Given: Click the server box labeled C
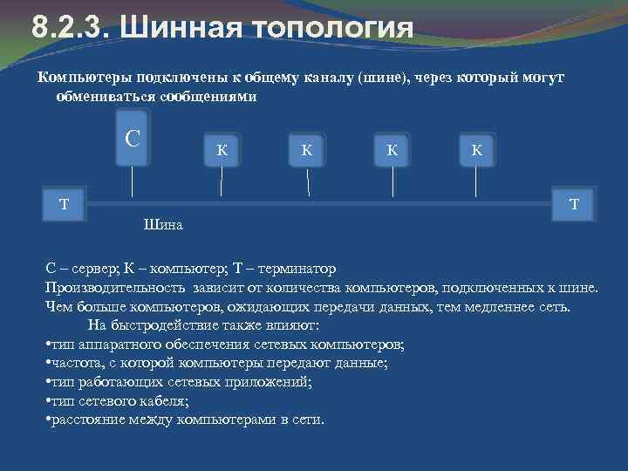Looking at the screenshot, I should pos(132,139).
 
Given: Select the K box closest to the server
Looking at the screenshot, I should pos(222,149).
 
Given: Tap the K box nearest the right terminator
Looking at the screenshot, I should pos(476,149).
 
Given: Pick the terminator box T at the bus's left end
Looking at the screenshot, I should pos(64,204).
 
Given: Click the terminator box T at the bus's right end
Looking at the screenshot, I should pos(573,204).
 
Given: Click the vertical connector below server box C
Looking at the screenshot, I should pos(132,181).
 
